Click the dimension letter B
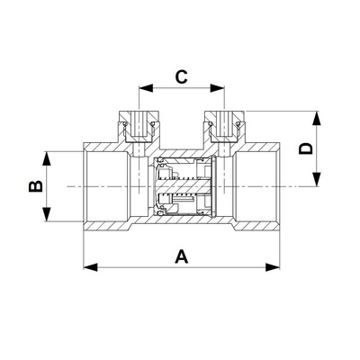36,186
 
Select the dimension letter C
182,76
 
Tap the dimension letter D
306,148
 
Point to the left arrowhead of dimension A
90,266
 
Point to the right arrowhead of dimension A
273,266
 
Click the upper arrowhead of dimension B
46,158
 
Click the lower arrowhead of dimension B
46,214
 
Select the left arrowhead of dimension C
146,88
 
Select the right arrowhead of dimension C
218,88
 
